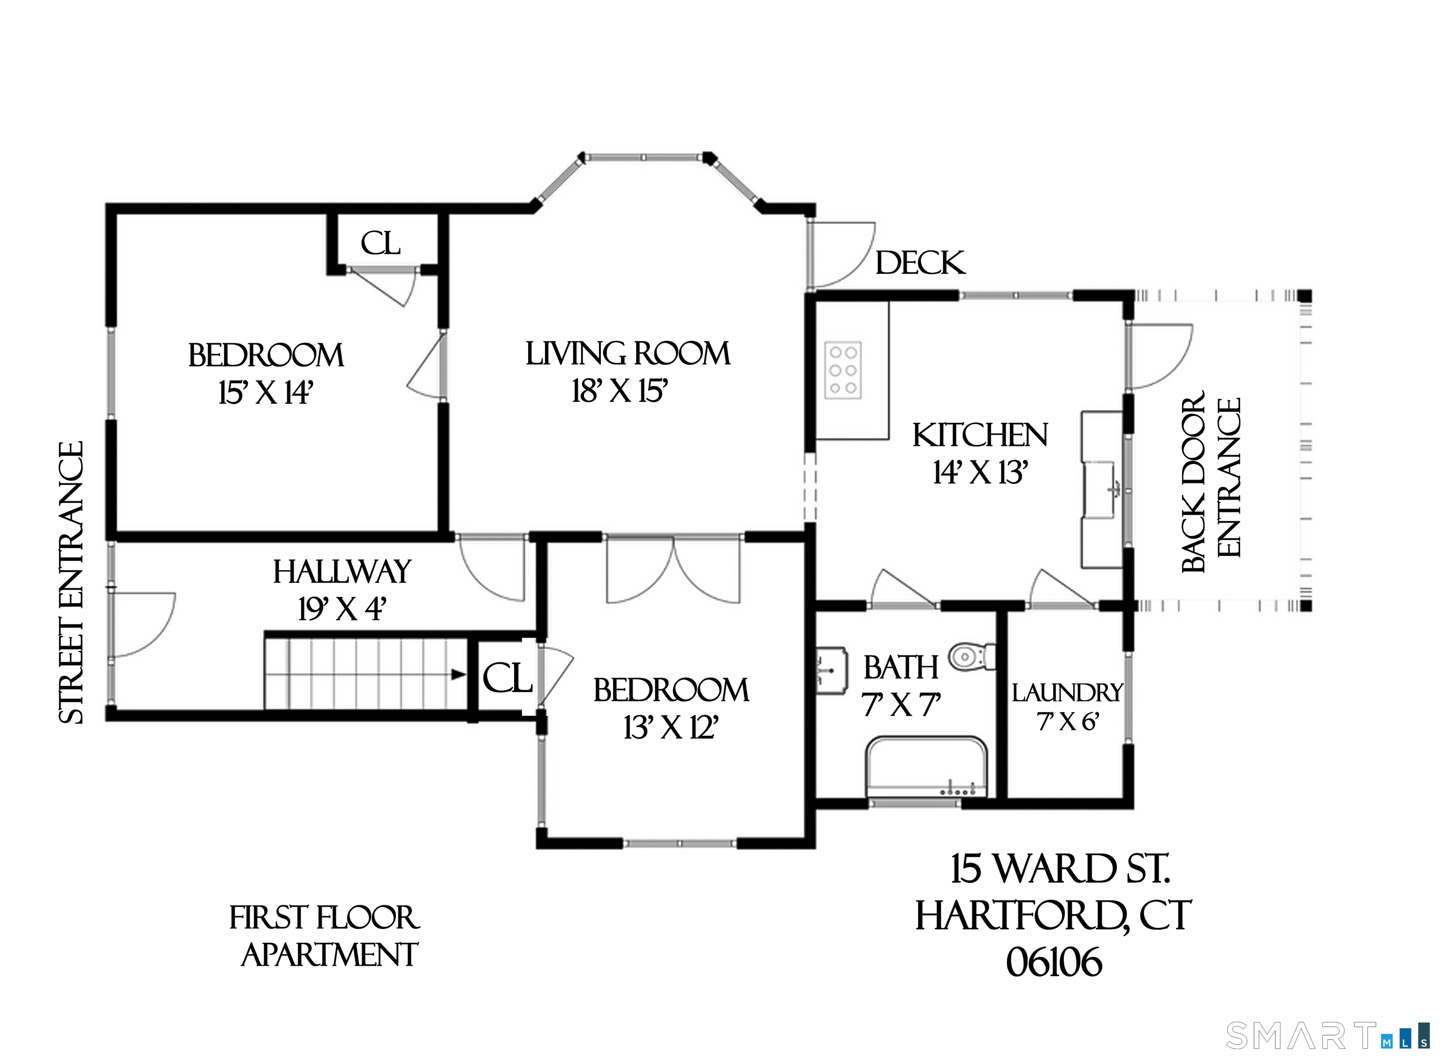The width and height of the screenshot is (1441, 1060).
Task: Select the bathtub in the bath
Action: (927, 767)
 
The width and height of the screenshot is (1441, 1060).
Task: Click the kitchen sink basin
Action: (1102, 489)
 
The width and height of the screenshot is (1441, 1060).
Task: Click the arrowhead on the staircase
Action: (458, 674)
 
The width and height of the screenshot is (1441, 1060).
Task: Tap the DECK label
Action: (920, 263)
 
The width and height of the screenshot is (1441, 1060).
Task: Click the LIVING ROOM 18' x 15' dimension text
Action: (620, 391)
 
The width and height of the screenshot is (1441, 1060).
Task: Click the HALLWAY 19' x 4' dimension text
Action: (341, 608)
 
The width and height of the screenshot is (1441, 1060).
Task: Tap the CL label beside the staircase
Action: (507, 678)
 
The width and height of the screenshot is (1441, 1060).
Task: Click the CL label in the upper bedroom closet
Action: (380, 243)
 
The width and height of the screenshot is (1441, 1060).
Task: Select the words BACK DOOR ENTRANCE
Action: (1211, 482)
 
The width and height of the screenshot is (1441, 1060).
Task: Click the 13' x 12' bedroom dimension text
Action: (671, 728)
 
